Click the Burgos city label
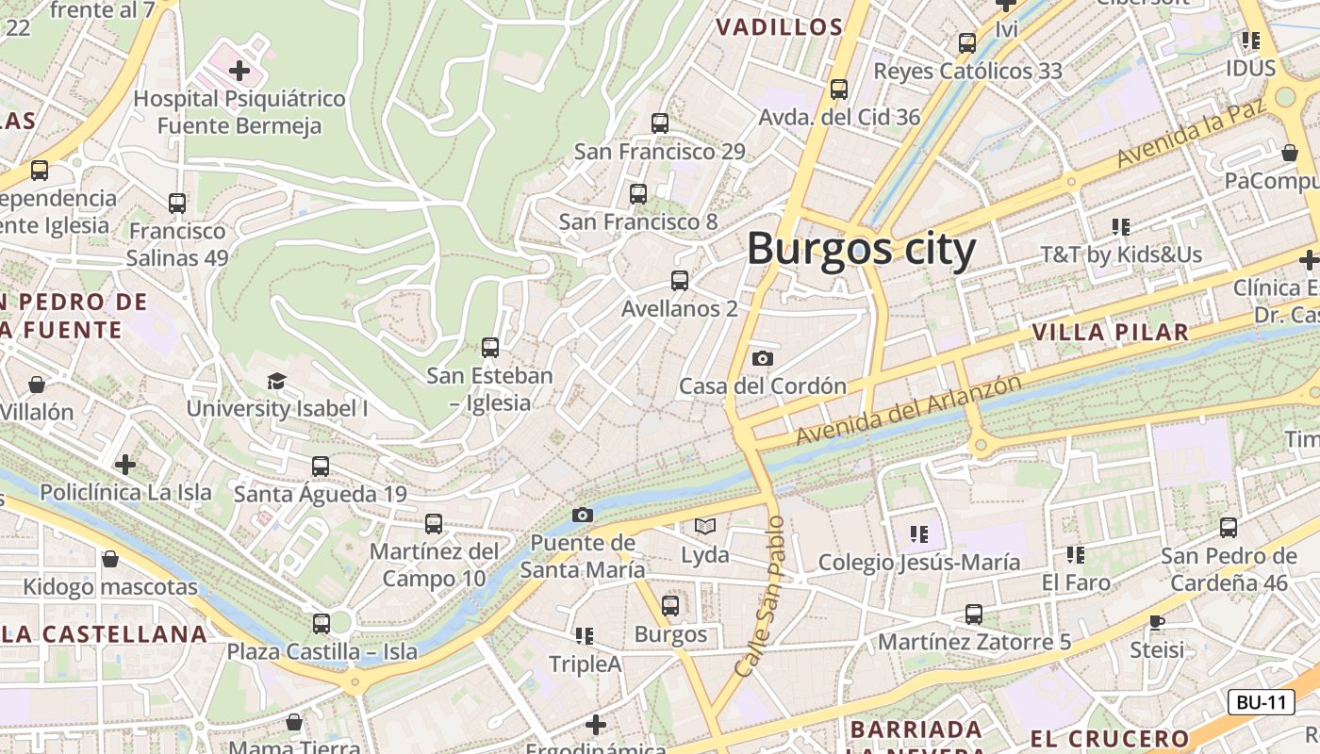[861, 250]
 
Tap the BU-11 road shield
[1261, 702]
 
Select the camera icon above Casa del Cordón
[763, 358]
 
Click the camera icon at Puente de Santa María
[583, 515]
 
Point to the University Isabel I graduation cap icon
[276, 381]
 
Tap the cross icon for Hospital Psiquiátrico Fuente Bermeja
[239, 70]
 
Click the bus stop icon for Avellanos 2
[679, 280]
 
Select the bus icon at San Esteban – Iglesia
[489, 347]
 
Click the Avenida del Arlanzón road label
[909, 410]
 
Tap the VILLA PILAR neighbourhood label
[1110, 332]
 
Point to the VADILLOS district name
[780, 27]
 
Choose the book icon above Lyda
[705, 526]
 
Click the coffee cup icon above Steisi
[1157, 622]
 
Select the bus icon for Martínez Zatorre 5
[974, 615]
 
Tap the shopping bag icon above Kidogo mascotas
[110, 559]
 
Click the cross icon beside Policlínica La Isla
[125, 464]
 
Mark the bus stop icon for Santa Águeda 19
[321, 466]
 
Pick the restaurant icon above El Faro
[1076, 554]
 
